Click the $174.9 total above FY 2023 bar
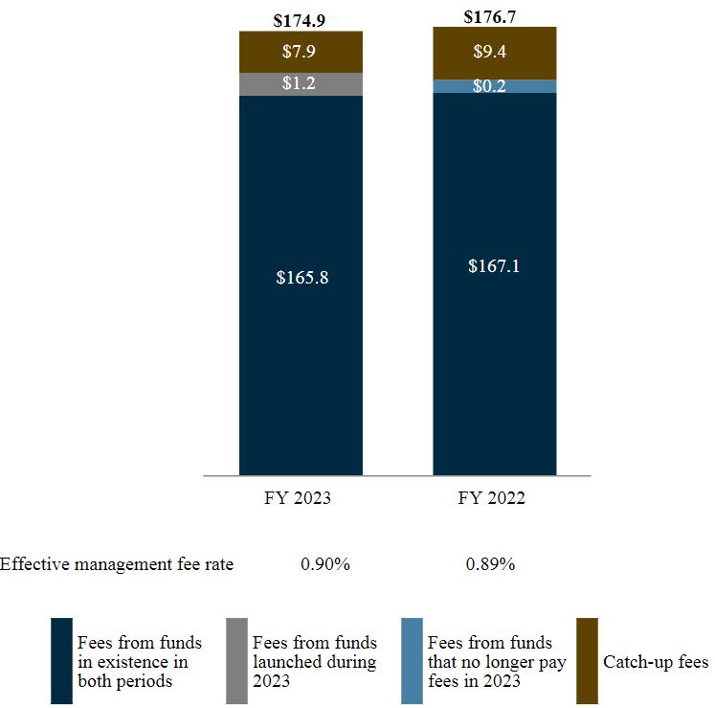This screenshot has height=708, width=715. click(x=300, y=19)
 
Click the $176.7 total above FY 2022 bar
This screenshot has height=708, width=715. click(x=495, y=16)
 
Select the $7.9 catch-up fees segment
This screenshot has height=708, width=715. click(x=300, y=52)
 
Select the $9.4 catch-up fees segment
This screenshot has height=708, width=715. click(x=495, y=53)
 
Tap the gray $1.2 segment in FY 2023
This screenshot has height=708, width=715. click(x=300, y=84)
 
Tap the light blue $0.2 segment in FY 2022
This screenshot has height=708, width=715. click(x=495, y=86)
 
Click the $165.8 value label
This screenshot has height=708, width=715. click(x=300, y=278)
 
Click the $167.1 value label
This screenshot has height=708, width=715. click(x=495, y=266)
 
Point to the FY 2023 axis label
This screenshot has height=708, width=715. click(x=300, y=499)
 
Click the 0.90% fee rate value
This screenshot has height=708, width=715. click(x=325, y=564)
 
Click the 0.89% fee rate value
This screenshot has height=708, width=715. click(x=491, y=564)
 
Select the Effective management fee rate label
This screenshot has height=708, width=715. click(x=117, y=564)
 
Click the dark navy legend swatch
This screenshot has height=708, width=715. click(x=61, y=661)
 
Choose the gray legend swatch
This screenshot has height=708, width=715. click(x=236, y=661)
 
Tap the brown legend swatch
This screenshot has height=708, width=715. click(x=587, y=661)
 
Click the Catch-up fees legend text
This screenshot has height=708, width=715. click(x=656, y=662)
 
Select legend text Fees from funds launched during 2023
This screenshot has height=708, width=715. click(x=314, y=661)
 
